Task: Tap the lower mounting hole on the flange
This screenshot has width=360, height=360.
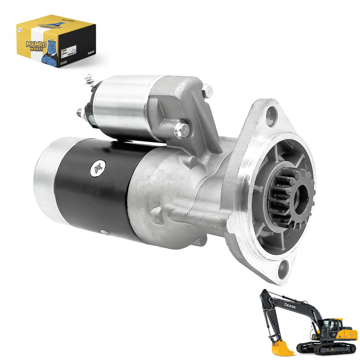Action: pos(283,269)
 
